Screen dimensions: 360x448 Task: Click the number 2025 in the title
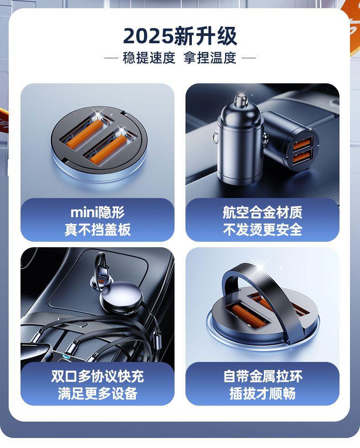pyautogui.click(x=149, y=36)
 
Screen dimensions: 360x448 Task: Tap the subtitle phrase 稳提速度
pyautogui.click(x=149, y=58)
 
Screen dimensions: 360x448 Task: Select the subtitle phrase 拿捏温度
pyautogui.click(x=210, y=58)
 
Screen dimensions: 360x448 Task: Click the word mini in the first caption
pyautogui.click(x=84, y=212)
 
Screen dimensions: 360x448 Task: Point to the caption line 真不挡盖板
pyautogui.click(x=98, y=229)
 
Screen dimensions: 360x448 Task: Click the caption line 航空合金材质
pyautogui.click(x=262, y=212)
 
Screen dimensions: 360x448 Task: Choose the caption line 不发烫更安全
pyautogui.click(x=262, y=229)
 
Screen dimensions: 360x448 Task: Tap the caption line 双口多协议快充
pyautogui.click(x=98, y=376)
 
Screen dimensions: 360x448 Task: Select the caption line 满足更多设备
pyautogui.click(x=98, y=393)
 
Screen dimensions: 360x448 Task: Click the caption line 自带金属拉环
pyautogui.click(x=262, y=376)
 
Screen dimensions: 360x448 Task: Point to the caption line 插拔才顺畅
pyautogui.click(x=262, y=393)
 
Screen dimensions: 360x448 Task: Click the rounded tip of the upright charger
pyautogui.click(x=241, y=99)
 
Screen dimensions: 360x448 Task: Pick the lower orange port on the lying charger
pyautogui.click(x=302, y=157)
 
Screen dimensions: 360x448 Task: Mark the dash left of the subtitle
pyautogui.click(x=112, y=58)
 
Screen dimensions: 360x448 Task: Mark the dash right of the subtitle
pyautogui.click(x=248, y=58)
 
